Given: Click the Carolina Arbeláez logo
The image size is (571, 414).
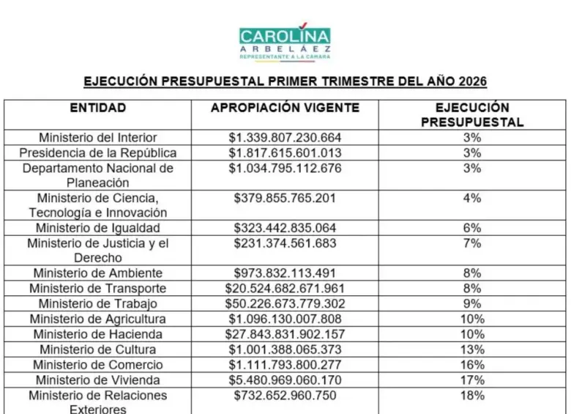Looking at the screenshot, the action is point(285,40).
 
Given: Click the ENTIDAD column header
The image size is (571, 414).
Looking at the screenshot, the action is point(97,108).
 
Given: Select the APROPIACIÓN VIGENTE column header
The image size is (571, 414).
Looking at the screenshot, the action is point(285,108).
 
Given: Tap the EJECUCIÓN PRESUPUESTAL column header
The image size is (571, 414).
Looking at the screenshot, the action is point(472,115).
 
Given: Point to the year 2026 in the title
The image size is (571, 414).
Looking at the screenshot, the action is point(470,81).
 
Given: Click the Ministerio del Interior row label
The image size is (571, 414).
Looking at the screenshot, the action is point(97,138).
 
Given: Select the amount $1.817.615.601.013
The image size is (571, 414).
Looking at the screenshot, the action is point(285,153).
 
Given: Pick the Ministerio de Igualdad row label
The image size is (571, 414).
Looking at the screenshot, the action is point(97,228).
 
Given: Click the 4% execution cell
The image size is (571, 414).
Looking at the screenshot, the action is point(472,198).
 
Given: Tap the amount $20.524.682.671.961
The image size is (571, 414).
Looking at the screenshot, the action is point(285,288).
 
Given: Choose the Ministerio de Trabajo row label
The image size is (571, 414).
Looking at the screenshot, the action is point(97,303).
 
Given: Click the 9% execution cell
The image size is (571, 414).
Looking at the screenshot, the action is point(472,303).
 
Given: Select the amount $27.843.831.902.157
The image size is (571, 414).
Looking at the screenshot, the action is point(285,334).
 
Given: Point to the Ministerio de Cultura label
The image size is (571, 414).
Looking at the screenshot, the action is point(97,350).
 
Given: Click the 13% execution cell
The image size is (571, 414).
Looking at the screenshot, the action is point(472,350).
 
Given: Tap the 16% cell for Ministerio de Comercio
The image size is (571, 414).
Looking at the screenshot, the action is point(472,365).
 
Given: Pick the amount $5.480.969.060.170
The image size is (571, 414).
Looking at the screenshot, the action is point(285,380).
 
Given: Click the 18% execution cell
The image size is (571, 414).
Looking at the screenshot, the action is point(472,396).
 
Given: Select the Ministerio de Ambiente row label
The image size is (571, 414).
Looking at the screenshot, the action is point(97,273).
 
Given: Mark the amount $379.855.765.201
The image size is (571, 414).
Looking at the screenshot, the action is point(285,198).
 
